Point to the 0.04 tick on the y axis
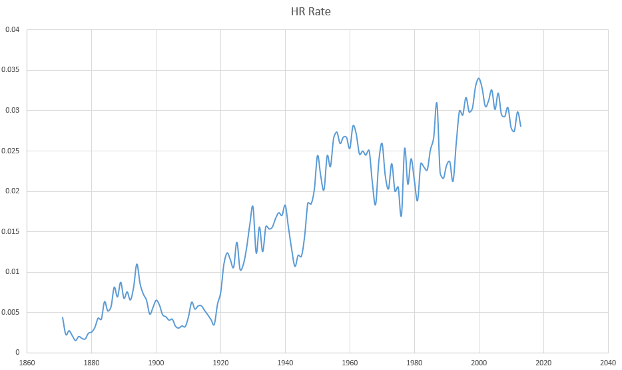pyautogui.click(x=13, y=29)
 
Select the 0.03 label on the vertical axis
pyautogui.click(x=13, y=111)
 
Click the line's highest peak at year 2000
pyautogui.click(x=479, y=78)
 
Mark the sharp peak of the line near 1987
pyautogui.click(x=437, y=103)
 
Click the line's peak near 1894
pyautogui.click(x=137, y=264)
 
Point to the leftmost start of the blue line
pyautogui.click(x=63, y=317)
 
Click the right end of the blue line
pyautogui.click(x=521, y=126)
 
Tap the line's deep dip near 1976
pyautogui.click(x=401, y=216)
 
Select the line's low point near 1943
pyautogui.click(x=295, y=266)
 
